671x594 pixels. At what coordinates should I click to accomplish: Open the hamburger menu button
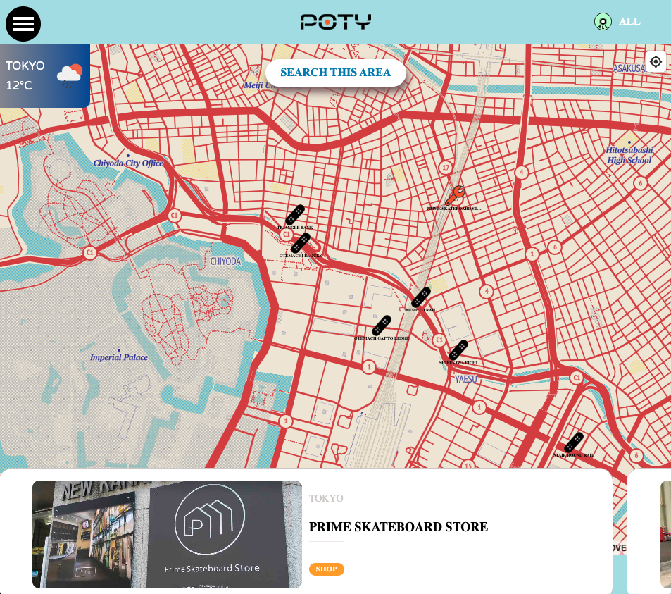[23, 23]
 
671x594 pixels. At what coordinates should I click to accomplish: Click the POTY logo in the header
[336, 22]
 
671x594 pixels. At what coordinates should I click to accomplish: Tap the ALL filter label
[629, 22]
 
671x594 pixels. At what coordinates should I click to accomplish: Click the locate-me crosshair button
[656, 62]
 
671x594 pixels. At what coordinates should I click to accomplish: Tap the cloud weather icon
[70, 74]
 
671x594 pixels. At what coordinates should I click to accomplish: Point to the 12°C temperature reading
[19, 86]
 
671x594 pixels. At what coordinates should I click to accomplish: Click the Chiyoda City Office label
[128, 163]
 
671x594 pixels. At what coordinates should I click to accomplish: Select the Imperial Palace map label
[119, 357]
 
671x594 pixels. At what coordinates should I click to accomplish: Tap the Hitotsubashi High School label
[629, 155]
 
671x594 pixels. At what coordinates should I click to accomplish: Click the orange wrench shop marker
[455, 194]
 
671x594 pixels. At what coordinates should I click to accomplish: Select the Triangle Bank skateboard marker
[295, 215]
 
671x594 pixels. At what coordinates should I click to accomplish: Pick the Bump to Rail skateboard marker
[421, 297]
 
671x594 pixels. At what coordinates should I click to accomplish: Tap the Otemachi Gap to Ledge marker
[382, 326]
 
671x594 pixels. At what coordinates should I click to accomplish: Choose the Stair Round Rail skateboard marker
[574, 443]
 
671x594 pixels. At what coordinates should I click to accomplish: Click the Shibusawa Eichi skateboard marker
[458, 350]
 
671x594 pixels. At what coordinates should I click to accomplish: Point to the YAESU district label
[466, 378]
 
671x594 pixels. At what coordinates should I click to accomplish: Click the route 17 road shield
[445, 168]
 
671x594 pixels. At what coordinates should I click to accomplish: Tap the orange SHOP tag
[326, 569]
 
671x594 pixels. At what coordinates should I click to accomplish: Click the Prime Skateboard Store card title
[398, 527]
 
